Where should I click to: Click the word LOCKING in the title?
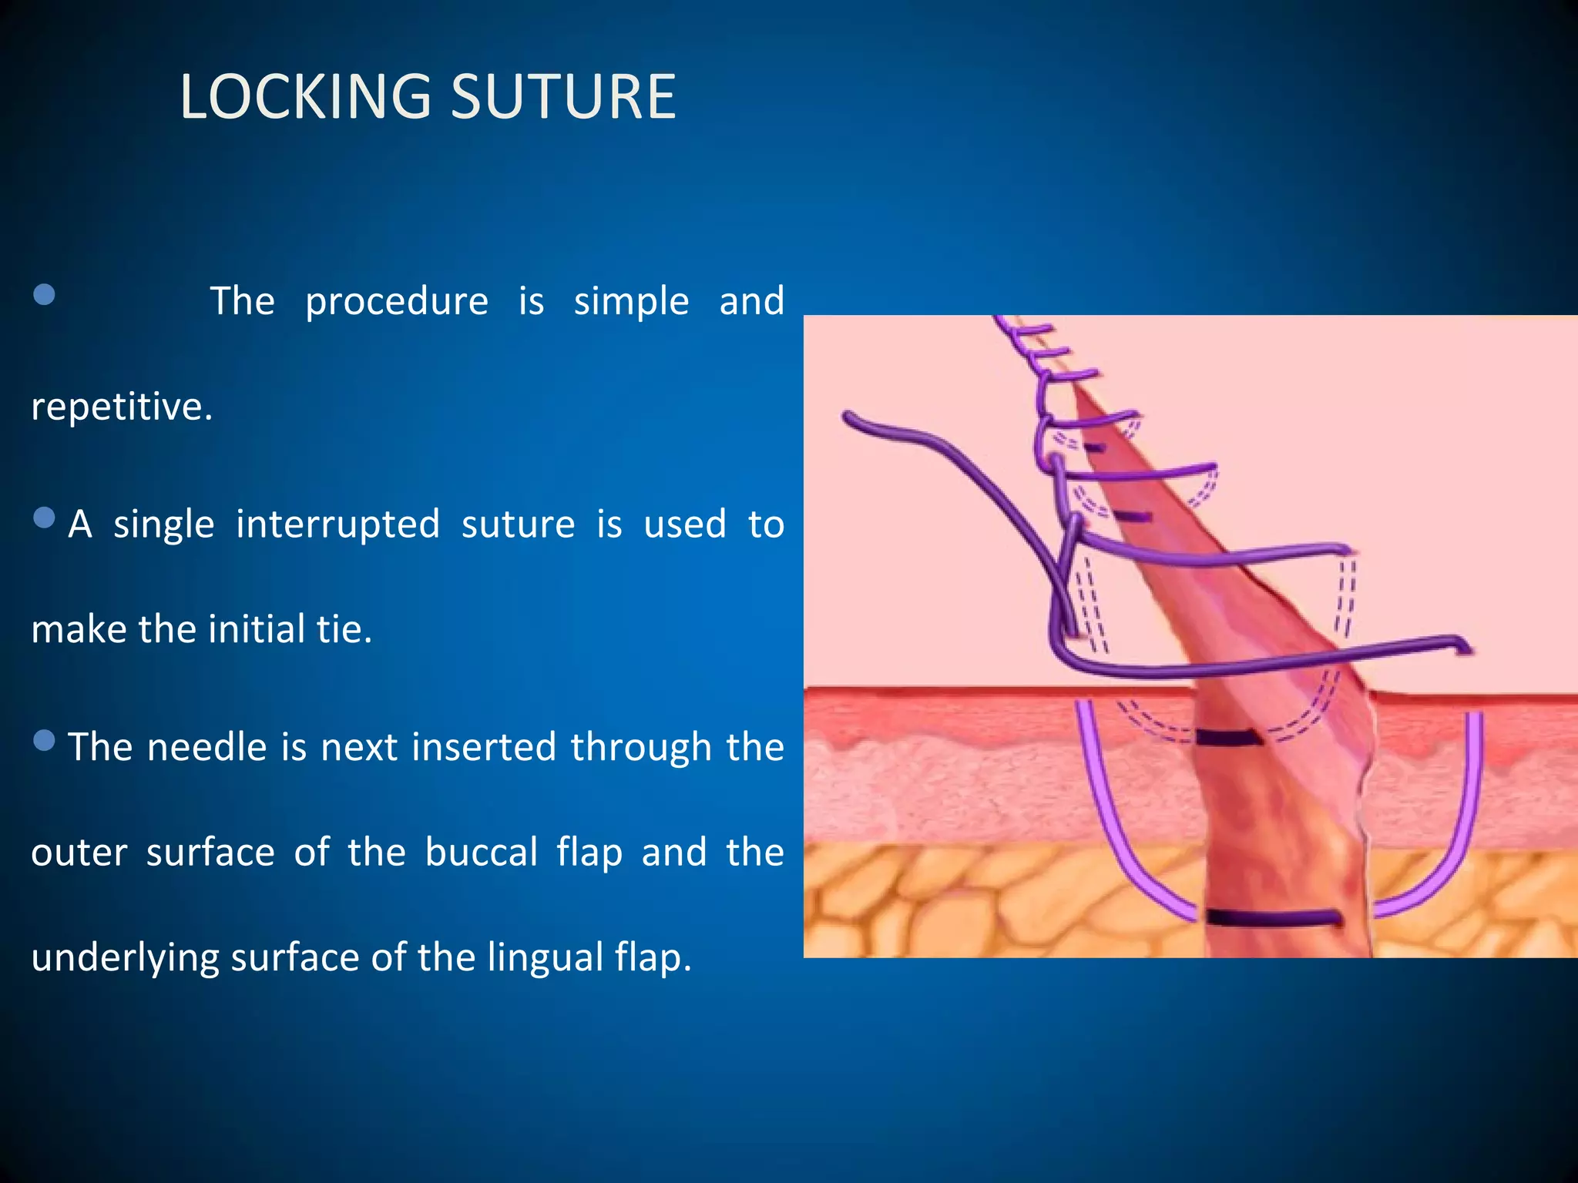pyautogui.click(x=305, y=97)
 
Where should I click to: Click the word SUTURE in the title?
pyautogui.click(x=562, y=97)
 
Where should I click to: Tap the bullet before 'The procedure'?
pyautogui.click(x=45, y=294)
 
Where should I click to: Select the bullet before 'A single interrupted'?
pyautogui.click(x=45, y=518)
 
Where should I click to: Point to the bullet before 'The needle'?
pyautogui.click(x=45, y=740)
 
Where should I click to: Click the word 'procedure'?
pyautogui.click(x=396, y=302)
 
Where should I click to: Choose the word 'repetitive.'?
pyautogui.click(x=122, y=407)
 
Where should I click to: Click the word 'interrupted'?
pyautogui.click(x=337, y=524)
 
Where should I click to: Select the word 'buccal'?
pyautogui.click(x=481, y=853)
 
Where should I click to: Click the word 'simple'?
pyautogui.click(x=631, y=301)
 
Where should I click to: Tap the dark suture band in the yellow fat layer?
pyautogui.click(x=1273, y=917)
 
